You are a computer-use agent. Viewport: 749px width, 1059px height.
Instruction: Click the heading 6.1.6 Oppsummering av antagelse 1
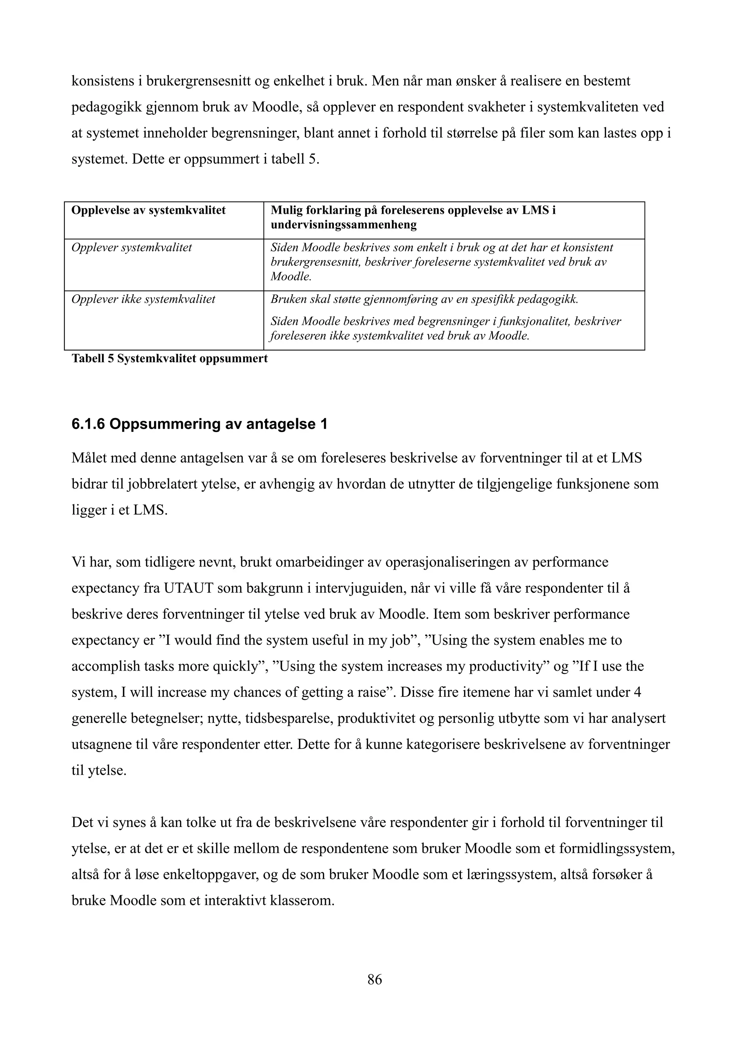[199, 424]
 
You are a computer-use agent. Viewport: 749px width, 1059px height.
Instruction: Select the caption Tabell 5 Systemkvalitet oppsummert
[169, 358]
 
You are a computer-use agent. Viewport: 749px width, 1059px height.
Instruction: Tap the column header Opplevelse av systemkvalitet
[148, 210]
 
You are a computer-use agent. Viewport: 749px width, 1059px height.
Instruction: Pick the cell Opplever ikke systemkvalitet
[143, 299]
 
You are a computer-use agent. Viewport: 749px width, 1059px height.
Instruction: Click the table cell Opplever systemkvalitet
[132, 248]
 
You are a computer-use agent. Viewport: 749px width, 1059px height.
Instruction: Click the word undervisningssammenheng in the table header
[343, 225]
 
